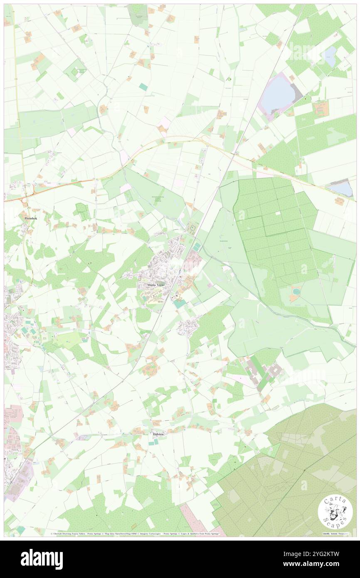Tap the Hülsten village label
point(157,434)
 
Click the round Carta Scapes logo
point(335,512)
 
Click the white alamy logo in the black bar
point(42,559)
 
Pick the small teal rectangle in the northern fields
point(143,86)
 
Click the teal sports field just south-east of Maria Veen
point(180,304)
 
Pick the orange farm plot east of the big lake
point(320,108)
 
